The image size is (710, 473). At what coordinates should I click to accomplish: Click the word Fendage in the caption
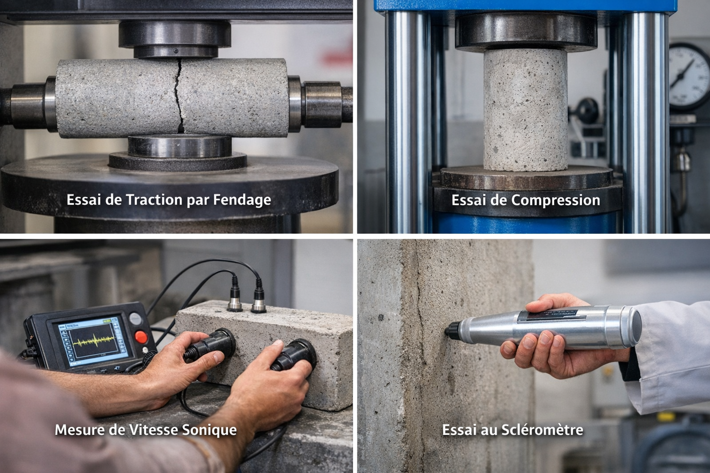242,200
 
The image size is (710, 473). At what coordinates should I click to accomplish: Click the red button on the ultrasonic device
141,337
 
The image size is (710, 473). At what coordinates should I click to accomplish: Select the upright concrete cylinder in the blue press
526,109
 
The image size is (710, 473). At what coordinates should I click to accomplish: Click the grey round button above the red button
135,318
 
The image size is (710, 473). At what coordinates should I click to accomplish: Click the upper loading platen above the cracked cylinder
175,39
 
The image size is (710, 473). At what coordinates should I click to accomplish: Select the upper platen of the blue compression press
526,32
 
